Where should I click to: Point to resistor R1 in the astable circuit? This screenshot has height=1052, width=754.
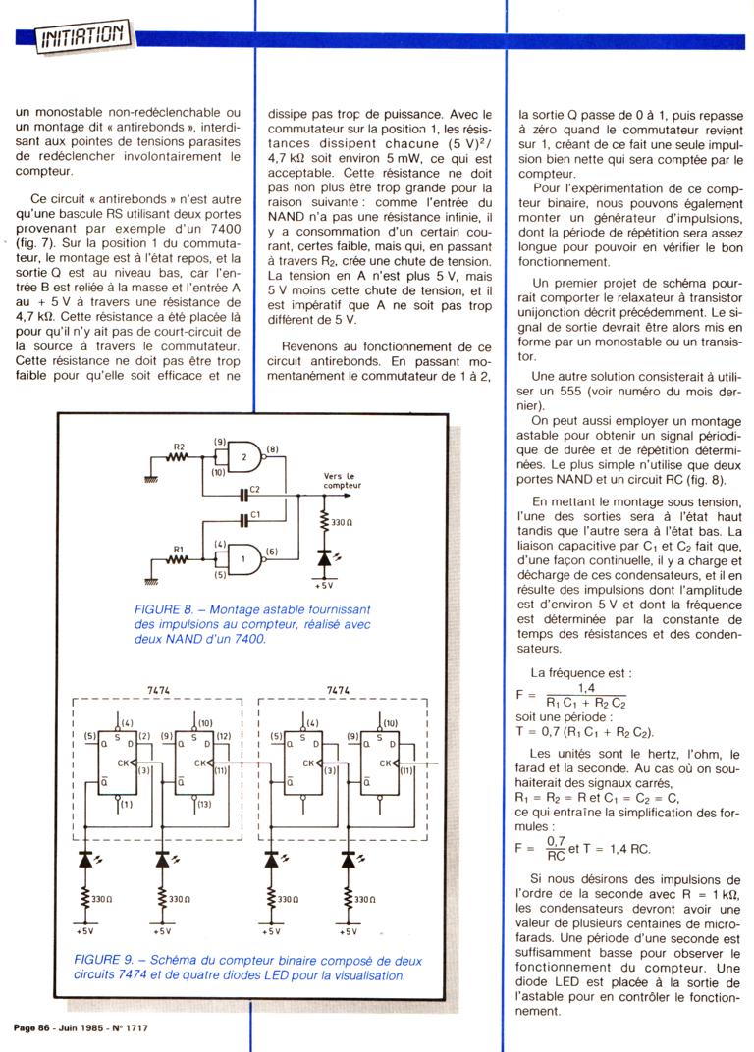pyautogui.click(x=179, y=561)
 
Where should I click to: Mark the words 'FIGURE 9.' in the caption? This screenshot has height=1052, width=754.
pyautogui.click(x=102, y=958)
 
